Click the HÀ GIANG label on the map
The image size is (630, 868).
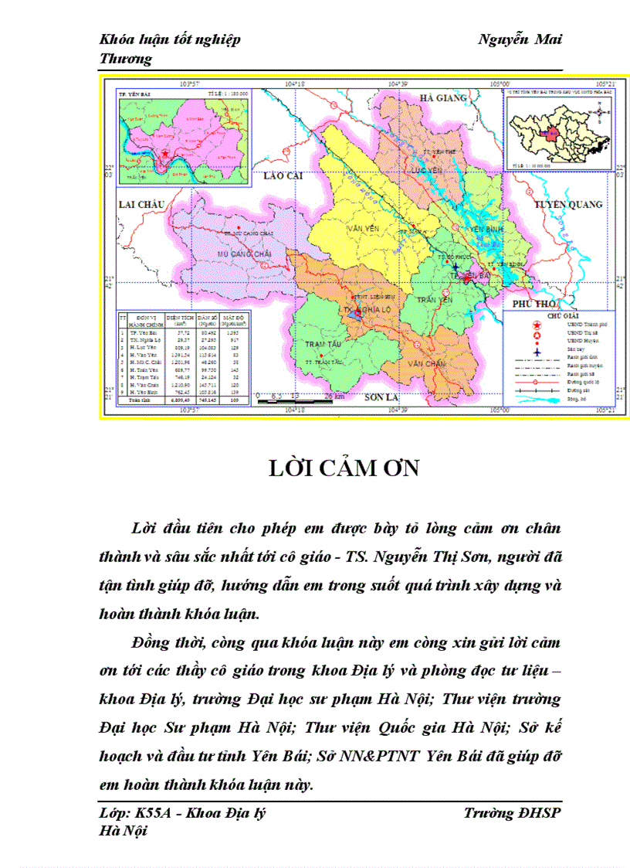click(x=443, y=98)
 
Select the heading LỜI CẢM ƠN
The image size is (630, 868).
click(x=343, y=468)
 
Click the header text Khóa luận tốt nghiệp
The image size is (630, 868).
click(x=170, y=40)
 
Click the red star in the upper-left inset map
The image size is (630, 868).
click(x=165, y=154)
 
